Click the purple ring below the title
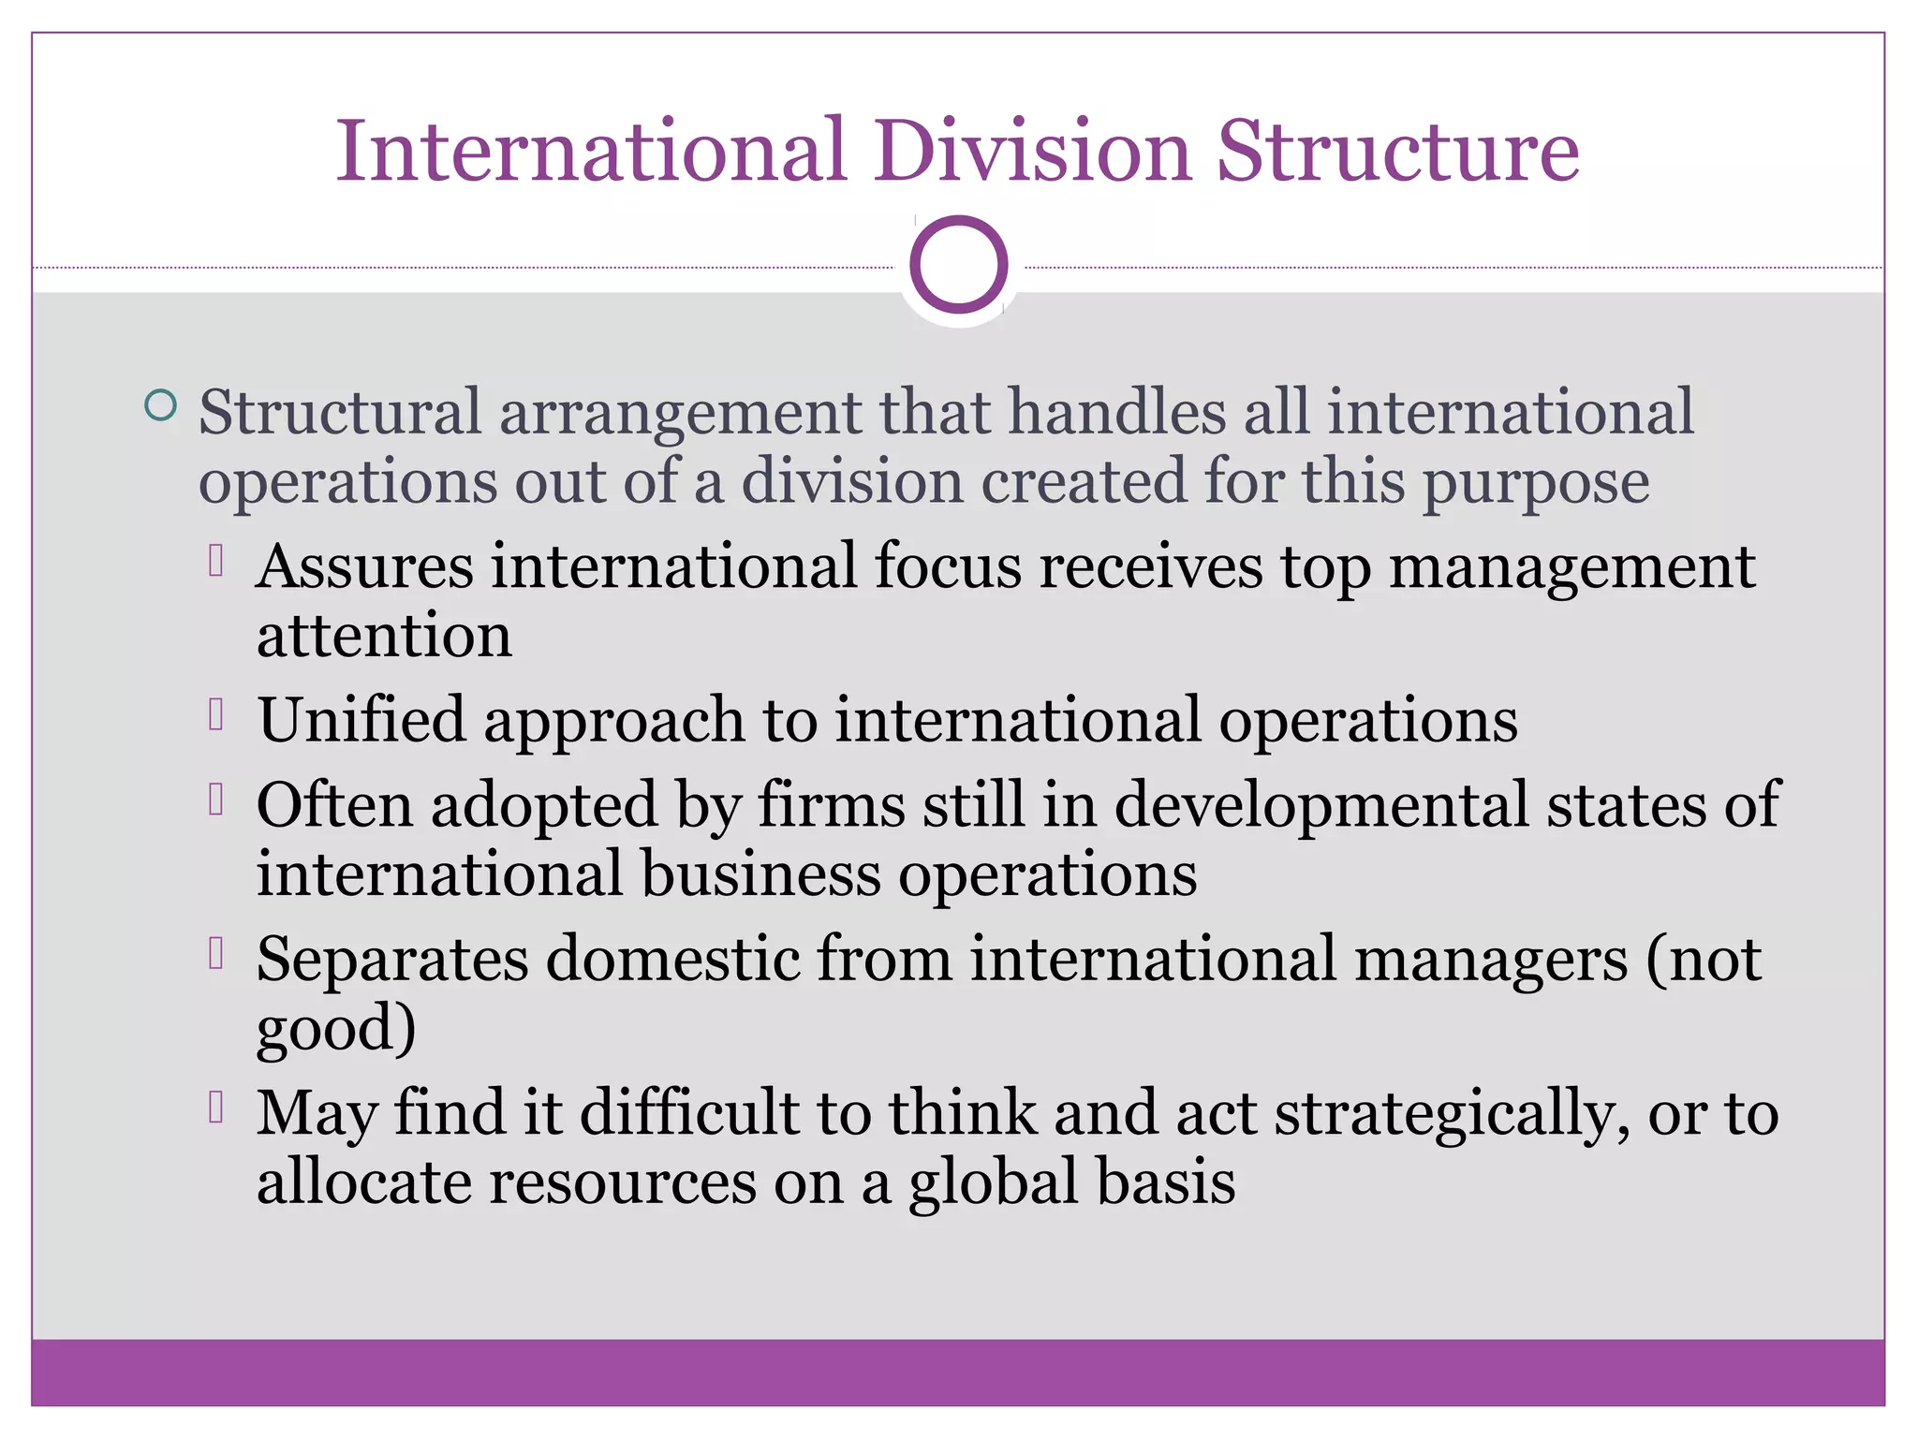[958, 264]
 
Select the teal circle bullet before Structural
[161, 405]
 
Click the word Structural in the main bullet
[339, 412]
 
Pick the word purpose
[1536, 483]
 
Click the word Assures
[365, 566]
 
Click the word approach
[613, 722]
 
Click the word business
[760, 874]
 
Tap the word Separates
[392, 960]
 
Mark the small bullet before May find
[216, 1107]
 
